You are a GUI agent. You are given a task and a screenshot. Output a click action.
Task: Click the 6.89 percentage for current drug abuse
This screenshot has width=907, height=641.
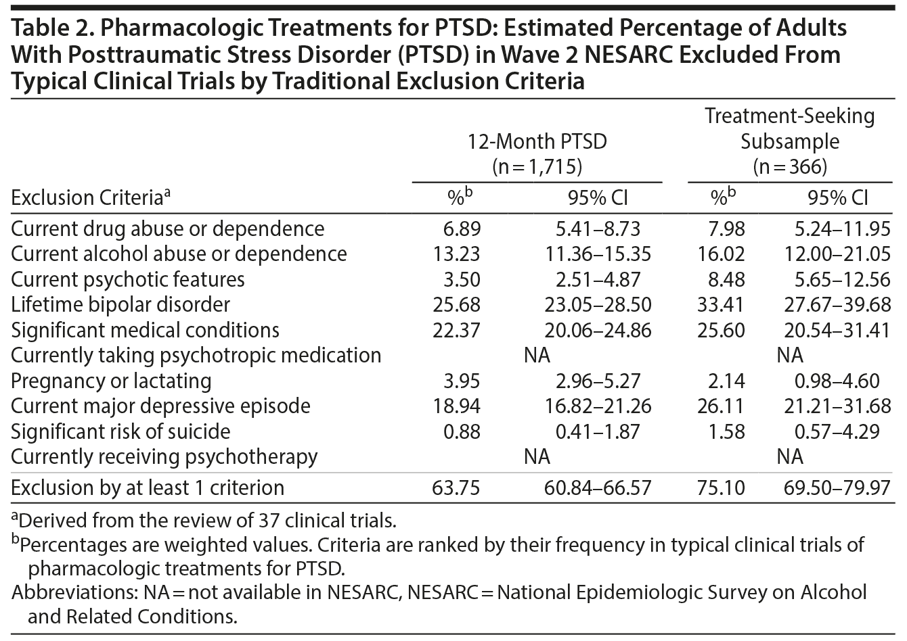click(x=462, y=229)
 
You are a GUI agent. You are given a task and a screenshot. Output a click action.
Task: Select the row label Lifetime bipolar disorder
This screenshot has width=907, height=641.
click(x=120, y=304)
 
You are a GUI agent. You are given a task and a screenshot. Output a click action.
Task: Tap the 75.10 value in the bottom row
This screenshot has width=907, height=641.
click(x=721, y=488)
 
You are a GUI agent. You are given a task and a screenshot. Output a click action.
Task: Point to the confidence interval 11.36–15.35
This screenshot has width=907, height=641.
click(x=598, y=254)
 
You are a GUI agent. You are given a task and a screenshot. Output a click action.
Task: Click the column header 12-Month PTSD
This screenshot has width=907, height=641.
click(x=537, y=141)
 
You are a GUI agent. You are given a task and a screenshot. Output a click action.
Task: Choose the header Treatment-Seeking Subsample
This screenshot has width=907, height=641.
click(x=789, y=128)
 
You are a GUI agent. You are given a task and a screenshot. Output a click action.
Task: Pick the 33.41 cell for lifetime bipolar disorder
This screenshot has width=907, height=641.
click(x=721, y=304)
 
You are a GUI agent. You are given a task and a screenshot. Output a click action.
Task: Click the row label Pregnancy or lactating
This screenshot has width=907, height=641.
click(x=111, y=381)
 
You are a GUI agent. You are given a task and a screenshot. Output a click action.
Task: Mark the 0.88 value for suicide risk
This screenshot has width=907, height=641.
click(x=462, y=431)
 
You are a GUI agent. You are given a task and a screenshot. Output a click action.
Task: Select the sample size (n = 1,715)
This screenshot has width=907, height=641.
click(x=537, y=166)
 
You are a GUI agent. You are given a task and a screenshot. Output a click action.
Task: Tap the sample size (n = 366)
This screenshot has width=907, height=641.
click(x=789, y=166)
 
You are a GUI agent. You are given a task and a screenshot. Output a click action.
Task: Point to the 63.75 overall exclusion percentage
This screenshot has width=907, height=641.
click(x=457, y=488)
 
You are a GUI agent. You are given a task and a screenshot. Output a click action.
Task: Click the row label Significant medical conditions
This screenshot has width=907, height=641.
click(x=145, y=330)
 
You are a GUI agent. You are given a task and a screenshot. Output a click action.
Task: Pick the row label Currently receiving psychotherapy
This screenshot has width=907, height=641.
click(x=164, y=456)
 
